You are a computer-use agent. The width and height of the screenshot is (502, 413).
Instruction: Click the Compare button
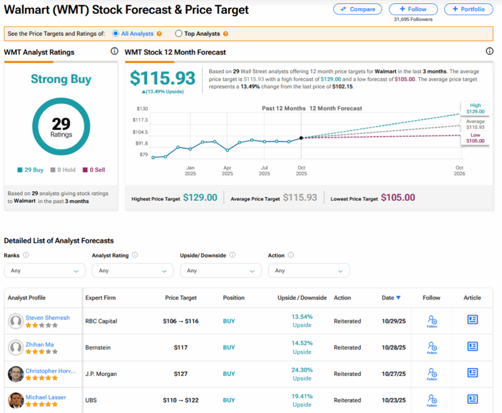pos(358,9)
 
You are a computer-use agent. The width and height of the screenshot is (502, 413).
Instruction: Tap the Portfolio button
pos(469,9)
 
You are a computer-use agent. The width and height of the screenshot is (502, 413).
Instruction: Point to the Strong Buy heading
pos(61,79)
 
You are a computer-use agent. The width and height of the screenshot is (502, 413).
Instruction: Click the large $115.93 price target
pos(163,78)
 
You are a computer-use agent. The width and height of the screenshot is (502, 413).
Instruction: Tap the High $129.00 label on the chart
pos(475,108)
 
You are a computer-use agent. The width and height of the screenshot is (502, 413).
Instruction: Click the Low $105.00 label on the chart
pos(475,137)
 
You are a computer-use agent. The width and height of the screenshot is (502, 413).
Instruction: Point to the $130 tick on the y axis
pos(142,108)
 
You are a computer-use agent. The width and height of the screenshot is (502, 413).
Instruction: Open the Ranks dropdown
pos(44,270)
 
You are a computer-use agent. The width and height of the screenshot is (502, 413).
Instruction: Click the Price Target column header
pos(180,298)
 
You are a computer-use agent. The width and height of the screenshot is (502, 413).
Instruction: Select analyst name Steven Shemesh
pos(48,318)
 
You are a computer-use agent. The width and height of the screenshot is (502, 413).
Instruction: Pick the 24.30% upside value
pos(302,369)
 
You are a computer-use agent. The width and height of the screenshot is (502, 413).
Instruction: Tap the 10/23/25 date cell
pos(393,400)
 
